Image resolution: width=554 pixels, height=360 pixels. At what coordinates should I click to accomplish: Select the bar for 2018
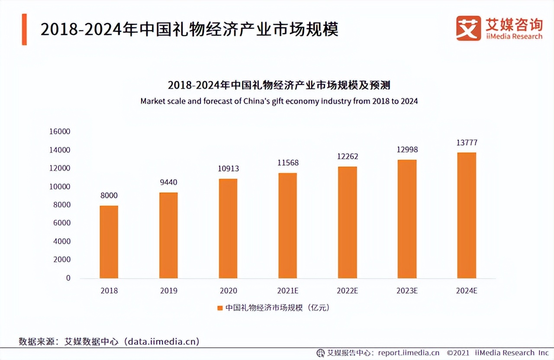109,242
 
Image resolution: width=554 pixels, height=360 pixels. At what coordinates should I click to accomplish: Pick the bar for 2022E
347,222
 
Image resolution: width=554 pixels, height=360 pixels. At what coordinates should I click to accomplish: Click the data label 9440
168,182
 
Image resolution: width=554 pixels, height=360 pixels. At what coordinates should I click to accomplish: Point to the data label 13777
467,143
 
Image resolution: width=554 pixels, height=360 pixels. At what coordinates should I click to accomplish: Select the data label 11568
288,163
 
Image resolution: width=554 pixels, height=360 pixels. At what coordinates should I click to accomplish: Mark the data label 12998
407,149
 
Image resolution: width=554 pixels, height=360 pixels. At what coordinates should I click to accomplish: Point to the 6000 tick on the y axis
62,223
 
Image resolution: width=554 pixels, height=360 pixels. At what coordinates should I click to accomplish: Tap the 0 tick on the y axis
68,278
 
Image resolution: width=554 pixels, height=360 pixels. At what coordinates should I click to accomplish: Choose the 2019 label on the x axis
168,291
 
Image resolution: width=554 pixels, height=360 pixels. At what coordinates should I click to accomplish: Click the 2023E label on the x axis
407,291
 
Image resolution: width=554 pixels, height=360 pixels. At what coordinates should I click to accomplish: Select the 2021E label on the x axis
288,291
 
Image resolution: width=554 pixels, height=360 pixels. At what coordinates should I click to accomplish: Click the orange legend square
219,308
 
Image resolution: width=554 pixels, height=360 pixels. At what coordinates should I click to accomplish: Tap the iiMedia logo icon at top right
468,28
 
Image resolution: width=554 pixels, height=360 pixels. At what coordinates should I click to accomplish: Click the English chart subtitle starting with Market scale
279,101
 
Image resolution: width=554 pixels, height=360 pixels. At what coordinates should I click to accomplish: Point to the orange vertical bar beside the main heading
24,29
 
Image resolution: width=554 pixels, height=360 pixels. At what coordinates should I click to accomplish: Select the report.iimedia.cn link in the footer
409,353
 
